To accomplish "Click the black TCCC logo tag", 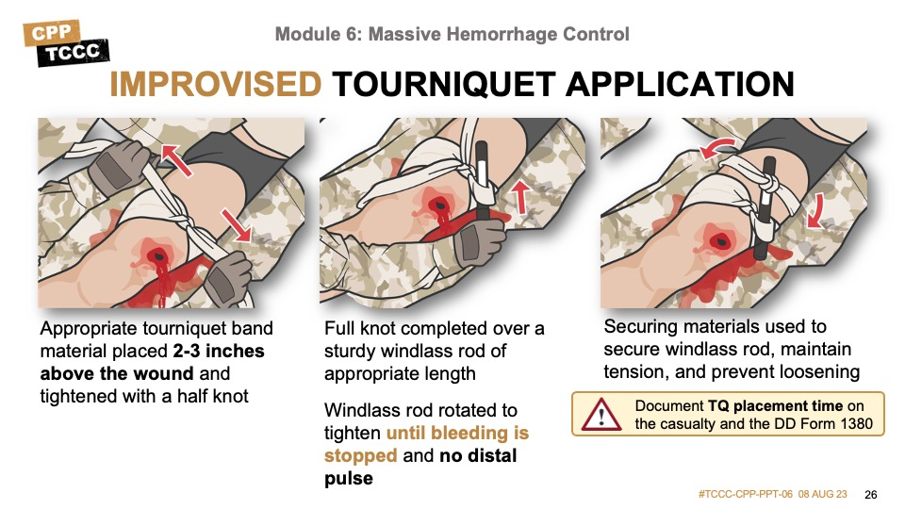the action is click(74, 53).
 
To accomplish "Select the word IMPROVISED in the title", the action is click(215, 84).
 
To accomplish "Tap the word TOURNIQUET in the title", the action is click(443, 84).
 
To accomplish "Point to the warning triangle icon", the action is click(601, 415).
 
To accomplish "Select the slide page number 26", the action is click(870, 495).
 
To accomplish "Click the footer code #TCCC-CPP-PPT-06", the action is click(745, 494).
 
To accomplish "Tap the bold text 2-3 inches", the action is click(219, 351).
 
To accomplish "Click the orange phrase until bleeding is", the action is click(457, 433).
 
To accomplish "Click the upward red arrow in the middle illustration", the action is click(520, 196).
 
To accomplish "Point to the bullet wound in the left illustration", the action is click(157, 255).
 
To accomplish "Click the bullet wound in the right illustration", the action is click(718, 240).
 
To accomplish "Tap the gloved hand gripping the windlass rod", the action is click(479, 242).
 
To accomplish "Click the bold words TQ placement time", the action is click(775, 406).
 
